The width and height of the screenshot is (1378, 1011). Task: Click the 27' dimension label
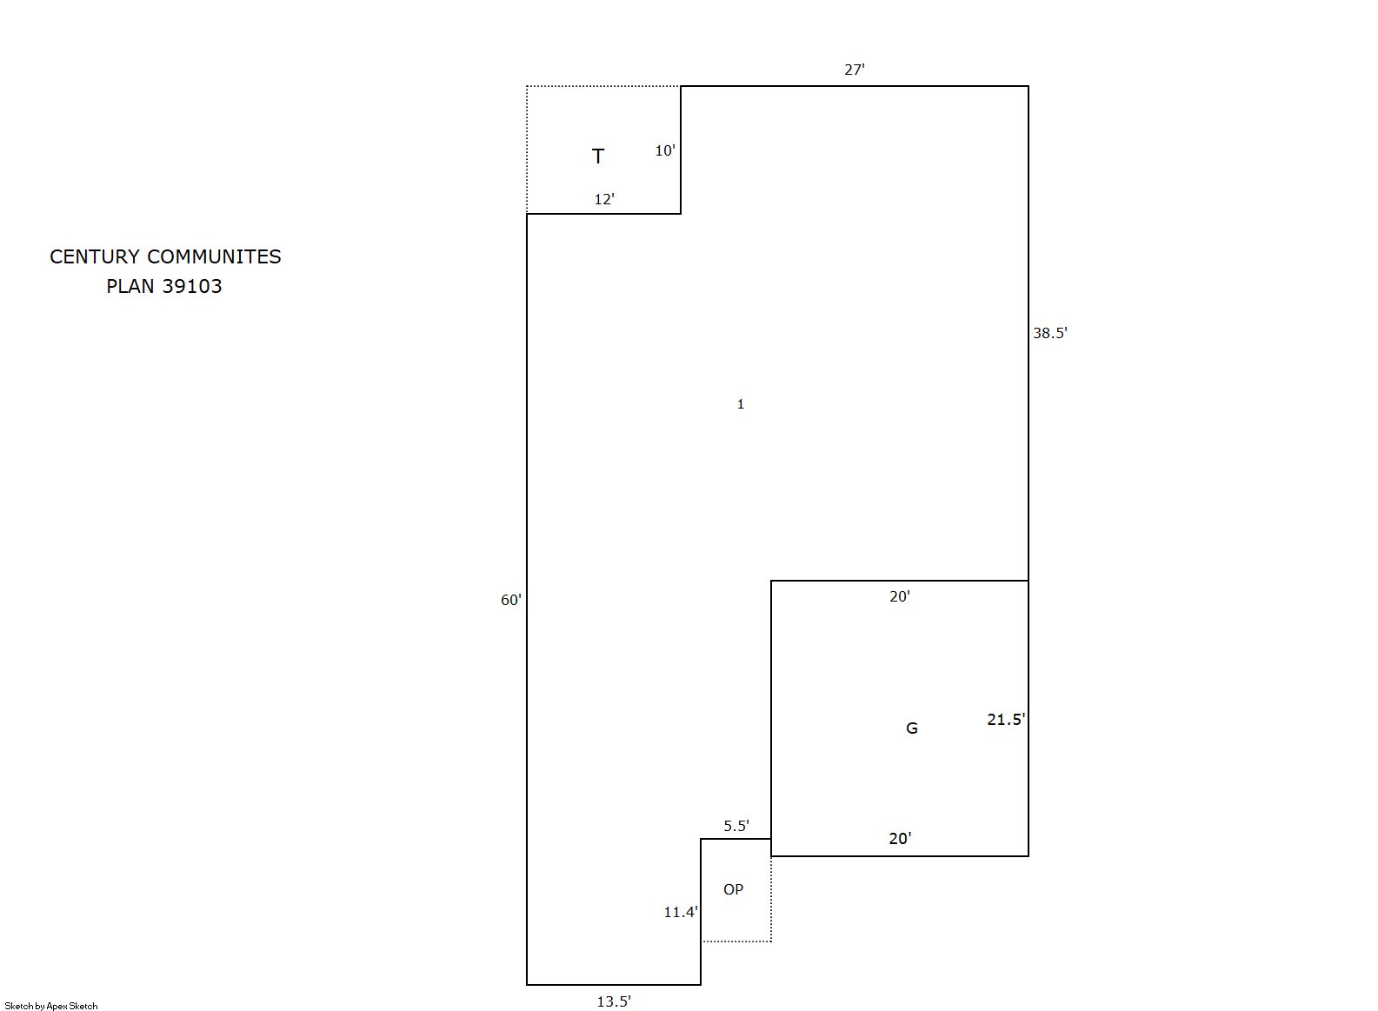pyautogui.click(x=854, y=70)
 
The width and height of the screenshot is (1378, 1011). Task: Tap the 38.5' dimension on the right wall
pyautogui.click(x=1050, y=333)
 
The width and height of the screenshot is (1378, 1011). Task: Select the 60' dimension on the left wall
pyautogui.click(x=510, y=600)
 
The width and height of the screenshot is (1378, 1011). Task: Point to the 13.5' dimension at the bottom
pyautogui.click(x=613, y=1001)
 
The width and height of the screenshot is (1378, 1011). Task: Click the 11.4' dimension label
pyautogui.click(x=681, y=912)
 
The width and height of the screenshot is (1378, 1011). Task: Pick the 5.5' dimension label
pyautogui.click(x=736, y=826)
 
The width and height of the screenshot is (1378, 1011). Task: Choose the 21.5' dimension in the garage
pyautogui.click(x=1006, y=720)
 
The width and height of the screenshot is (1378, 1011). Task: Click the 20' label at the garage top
pyautogui.click(x=899, y=596)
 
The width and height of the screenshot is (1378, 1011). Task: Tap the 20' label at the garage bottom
pyautogui.click(x=900, y=838)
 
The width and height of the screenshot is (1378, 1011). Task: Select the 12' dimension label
pyautogui.click(x=604, y=199)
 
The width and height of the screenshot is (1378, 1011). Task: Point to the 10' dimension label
pyautogui.click(x=664, y=150)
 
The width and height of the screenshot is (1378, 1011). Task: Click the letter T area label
pyautogui.click(x=597, y=156)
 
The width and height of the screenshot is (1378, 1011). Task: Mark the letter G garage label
pyautogui.click(x=912, y=728)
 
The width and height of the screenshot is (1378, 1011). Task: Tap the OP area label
pyautogui.click(x=733, y=889)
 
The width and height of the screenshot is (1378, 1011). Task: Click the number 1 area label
pyautogui.click(x=740, y=404)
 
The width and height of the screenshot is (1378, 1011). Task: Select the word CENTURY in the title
pyautogui.click(x=95, y=256)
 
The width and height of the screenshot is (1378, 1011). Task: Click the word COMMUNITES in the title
pyautogui.click(x=214, y=256)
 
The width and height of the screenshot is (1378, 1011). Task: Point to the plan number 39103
pyautogui.click(x=192, y=286)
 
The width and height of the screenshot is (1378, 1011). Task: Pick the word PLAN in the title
pyautogui.click(x=130, y=286)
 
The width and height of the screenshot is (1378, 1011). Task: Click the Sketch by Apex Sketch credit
pyautogui.click(x=51, y=1006)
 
